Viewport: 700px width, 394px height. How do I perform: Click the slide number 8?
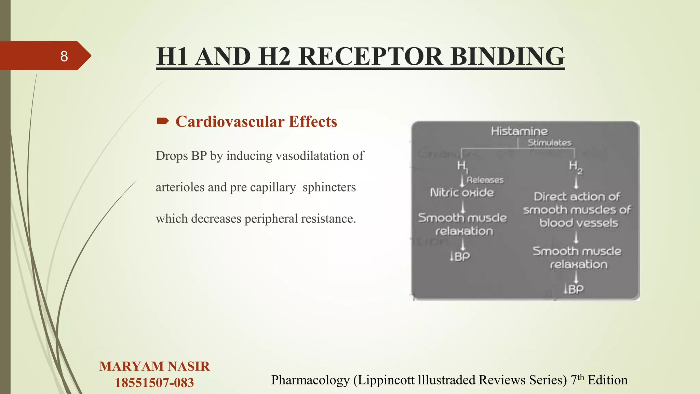64,56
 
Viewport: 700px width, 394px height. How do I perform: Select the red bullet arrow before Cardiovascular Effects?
163,121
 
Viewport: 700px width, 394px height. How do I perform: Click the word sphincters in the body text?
329,187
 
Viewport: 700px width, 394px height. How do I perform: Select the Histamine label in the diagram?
519,131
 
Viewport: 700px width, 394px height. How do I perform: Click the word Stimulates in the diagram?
549,143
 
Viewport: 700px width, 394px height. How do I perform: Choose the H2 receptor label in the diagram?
575,167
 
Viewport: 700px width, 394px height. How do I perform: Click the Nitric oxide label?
462,193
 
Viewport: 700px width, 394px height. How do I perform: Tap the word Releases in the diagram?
485,180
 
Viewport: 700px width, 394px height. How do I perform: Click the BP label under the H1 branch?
460,256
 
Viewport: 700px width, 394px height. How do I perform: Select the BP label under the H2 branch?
574,289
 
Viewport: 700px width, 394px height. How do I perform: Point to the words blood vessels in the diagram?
579,223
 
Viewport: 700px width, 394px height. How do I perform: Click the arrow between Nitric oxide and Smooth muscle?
462,207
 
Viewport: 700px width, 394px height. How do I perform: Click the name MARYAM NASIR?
154,366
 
